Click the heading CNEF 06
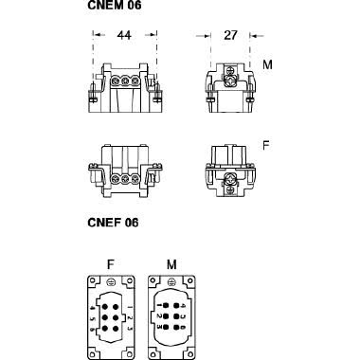[113, 224]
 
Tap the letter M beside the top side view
[267, 65]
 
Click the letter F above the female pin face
[112, 260]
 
